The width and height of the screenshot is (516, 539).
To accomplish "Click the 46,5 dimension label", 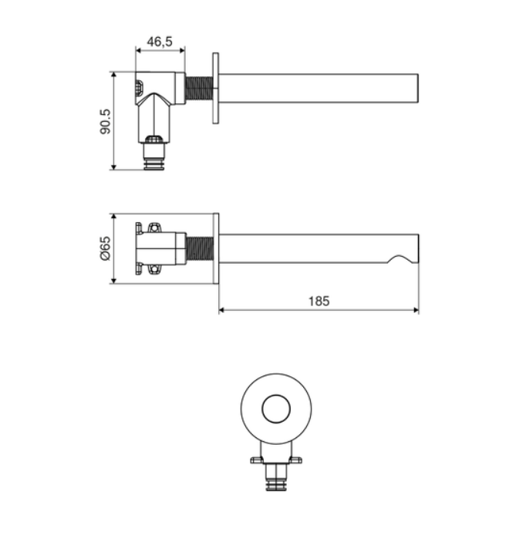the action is click(160, 42).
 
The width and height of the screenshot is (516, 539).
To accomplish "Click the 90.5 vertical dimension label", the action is click(106, 121).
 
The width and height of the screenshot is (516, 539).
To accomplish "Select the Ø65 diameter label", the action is click(106, 248).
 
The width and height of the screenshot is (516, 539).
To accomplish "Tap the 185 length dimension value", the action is click(319, 302).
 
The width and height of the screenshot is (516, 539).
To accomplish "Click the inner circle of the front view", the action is click(276, 409).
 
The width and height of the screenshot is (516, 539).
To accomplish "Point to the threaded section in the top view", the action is click(199, 89).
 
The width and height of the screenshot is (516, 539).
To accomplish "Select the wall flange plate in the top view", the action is click(215, 88).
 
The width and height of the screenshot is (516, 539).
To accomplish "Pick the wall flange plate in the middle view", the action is click(216, 248).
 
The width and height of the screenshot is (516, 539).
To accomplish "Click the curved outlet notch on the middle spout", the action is click(399, 259).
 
